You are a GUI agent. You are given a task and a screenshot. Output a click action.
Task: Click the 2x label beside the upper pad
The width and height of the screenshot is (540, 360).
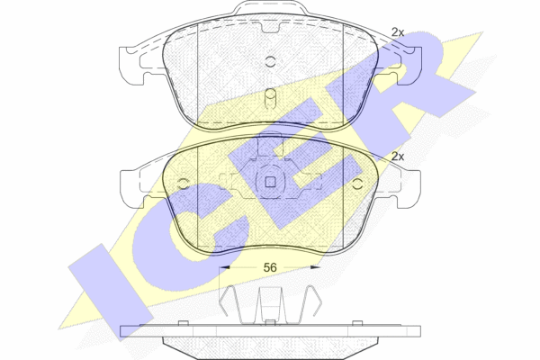click(x=398, y=32)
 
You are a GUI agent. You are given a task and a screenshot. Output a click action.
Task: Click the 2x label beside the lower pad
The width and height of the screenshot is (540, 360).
click(x=398, y=157)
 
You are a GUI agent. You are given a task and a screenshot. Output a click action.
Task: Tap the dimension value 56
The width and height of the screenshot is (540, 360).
click(x=270, y=267)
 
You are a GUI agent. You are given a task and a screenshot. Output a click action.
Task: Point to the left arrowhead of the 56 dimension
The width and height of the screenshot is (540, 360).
click(x=224, y=267)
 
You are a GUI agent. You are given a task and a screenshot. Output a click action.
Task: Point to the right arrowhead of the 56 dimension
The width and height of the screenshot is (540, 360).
click(x=315, y=267)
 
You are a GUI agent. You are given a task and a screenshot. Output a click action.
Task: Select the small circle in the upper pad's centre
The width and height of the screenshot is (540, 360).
click(x=271, y=62)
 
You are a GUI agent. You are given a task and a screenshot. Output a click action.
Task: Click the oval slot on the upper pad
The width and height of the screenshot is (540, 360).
click(x=271, y=99)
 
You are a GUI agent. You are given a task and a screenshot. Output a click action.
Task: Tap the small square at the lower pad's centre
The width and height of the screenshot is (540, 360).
click(x=270, y=182)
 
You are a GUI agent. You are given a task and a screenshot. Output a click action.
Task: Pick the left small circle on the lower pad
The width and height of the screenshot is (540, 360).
click(x=183, y=184)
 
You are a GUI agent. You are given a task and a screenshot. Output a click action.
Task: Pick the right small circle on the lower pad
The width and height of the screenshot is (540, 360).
click(x=358, y=184)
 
